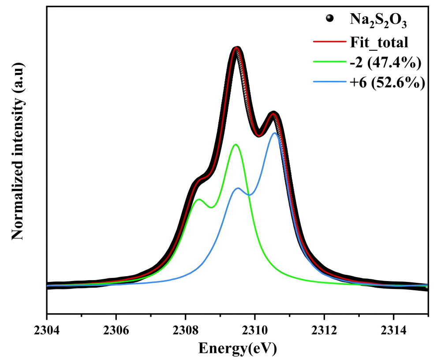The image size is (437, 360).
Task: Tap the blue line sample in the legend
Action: [x=329, y=82]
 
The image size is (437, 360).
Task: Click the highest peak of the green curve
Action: [x=236, y=144]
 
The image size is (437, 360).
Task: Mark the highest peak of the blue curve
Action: [x=274, y=133]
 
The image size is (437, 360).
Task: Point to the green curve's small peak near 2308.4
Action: [x=199, y=199]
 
